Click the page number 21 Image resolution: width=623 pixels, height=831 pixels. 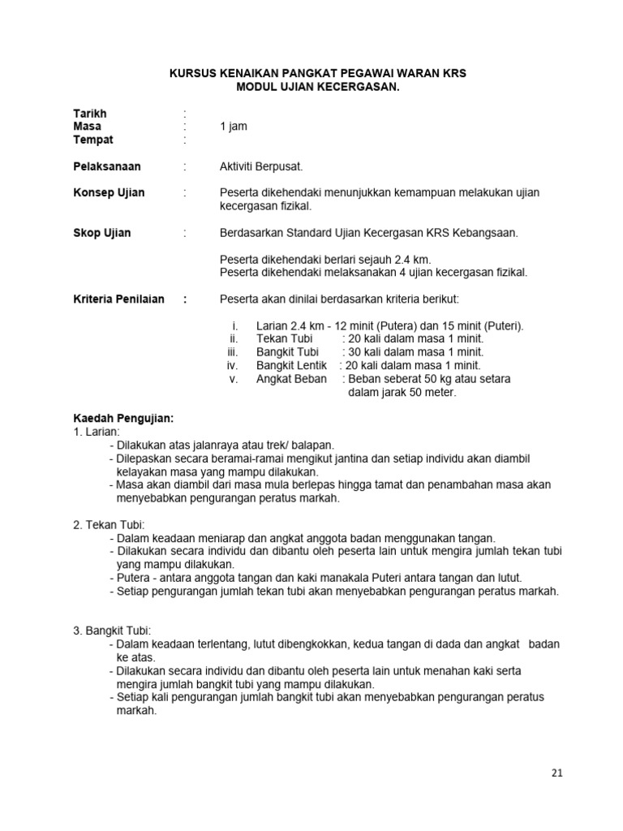[x=556, y=773]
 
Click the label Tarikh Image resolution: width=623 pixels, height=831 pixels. [x=90, y=114]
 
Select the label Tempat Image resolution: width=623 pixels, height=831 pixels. [x=93, y=140]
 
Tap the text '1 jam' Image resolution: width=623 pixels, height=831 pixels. [x=234, y=127]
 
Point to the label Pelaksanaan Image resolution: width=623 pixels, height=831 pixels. [x=107, y=166]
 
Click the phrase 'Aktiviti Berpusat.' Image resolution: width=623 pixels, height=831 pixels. [x=261, y=166]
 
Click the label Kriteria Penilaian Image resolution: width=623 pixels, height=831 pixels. [x=118, y=299]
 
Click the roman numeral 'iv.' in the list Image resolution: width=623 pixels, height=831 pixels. [x=232, y=366]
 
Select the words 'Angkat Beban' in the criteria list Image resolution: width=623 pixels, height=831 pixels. [x=291, y=379]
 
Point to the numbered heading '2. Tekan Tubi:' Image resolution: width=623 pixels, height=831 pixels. [x=109, y=525]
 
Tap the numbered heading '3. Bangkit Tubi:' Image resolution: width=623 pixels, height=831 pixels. [x=112, y=631]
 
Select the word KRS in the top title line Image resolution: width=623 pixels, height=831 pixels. [x=455, y=73]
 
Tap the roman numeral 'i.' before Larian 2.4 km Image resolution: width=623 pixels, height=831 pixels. [x=234, y=326]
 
